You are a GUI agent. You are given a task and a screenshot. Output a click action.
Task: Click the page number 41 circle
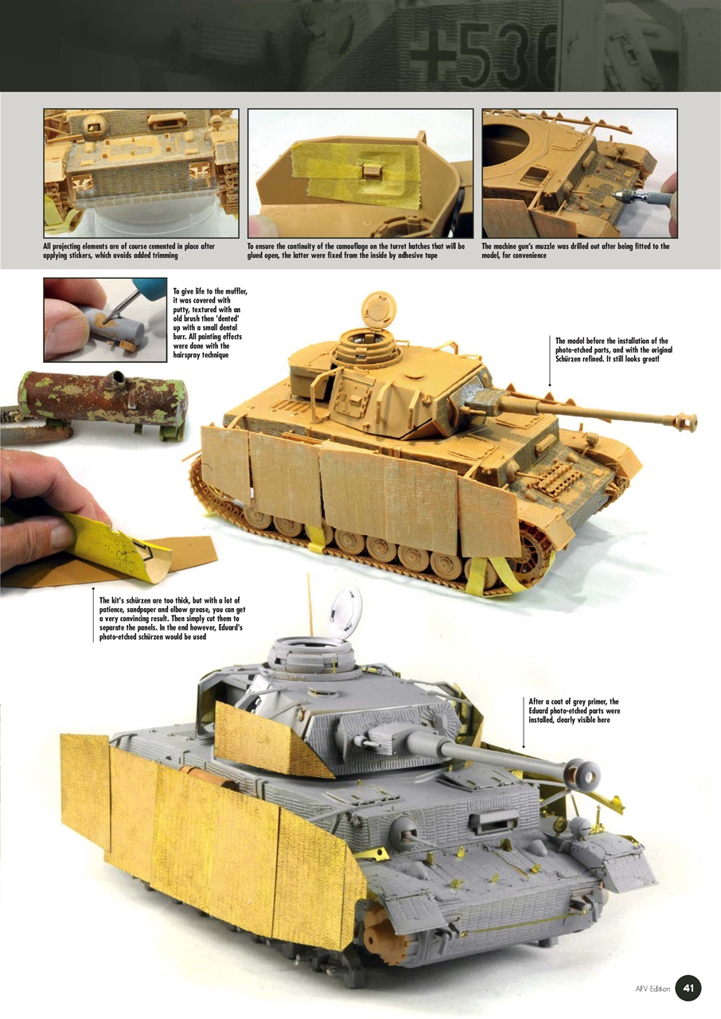coord(688,989)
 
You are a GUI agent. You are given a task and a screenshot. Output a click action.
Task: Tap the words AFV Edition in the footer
coord(653,990)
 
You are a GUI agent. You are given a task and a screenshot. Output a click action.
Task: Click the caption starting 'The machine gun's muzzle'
coord(575,251)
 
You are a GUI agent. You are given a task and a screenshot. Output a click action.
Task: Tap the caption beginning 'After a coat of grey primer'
coord(575,709)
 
